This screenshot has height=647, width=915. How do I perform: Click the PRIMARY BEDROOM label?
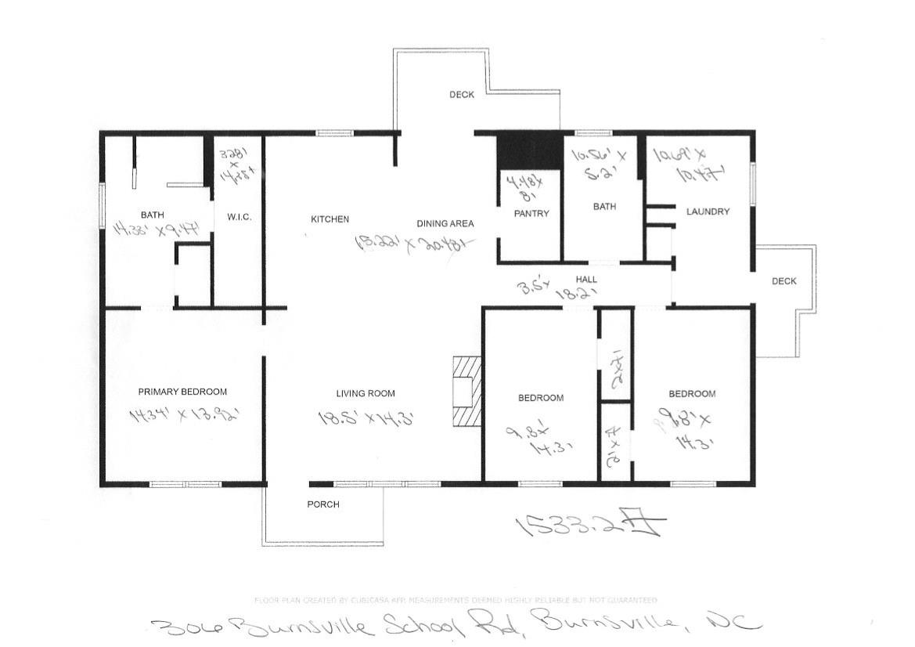[x=182, y=392]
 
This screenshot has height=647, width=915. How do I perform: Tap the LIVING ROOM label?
[x=366, y=393]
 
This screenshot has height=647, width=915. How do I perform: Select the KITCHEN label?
[x=330, y=219]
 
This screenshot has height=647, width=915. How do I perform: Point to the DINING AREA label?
[x=445, y=223]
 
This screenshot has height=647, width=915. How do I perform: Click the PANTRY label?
[x=531, y=213]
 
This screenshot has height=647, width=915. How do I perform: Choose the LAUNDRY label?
[x=708, y=211]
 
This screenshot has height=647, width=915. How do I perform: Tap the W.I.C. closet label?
[x=239, y=217]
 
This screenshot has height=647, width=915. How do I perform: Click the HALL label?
[x=586, y=280]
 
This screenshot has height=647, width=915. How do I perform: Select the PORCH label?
[x=322, y=504]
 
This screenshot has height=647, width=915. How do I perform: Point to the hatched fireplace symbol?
[x=466, y=391]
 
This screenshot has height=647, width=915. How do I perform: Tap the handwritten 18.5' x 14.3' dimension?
[x=366, y=418]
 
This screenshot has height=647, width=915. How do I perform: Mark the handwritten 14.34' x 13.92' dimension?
[x=182, y=415]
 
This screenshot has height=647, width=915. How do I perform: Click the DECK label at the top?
[x=462, y=95]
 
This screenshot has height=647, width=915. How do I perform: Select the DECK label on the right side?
[x=784, y=281]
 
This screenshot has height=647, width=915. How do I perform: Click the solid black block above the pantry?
[x=530, y=148]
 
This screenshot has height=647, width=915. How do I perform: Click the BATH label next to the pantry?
[x=604, y=207]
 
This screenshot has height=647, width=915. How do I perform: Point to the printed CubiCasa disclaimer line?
[x=456, y=600]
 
